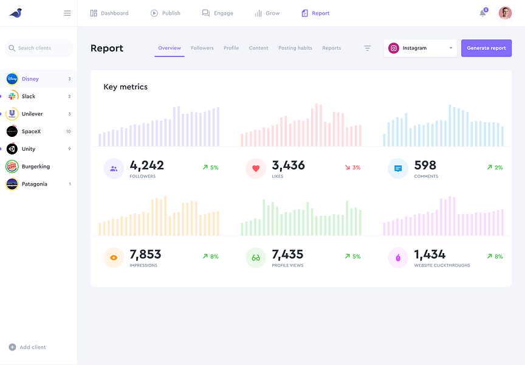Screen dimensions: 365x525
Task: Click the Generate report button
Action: (x=486, y=48)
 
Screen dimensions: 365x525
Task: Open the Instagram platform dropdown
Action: (x=420, y=48)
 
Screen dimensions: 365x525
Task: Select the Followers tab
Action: (x=202, y=48)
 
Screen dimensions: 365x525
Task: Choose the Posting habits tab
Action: (x=295, y=48)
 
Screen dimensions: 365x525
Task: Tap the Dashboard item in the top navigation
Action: (x=109, y=13)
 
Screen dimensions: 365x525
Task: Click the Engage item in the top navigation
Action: (x=218, y=13)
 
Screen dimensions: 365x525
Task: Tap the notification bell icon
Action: (x=482, y=13)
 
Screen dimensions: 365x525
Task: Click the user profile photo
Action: (x=505, y=13)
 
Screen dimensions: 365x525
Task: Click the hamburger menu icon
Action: (x=67, y=13)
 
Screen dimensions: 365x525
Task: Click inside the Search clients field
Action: (x=39, y=48)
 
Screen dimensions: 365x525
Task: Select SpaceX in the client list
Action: (x=31, y=131)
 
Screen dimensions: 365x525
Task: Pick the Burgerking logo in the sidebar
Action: (x=12, y=166)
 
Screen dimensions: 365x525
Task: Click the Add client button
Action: (x=27, y=347)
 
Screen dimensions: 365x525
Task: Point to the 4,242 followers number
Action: (x=146, y=165)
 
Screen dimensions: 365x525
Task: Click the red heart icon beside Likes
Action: (x=256, y=169)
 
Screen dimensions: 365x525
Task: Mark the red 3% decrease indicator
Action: (x=352, y=167)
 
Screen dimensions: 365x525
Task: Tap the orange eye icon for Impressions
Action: (x=114, y=257)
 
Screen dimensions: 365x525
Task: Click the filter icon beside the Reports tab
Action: (x=367, y=48)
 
